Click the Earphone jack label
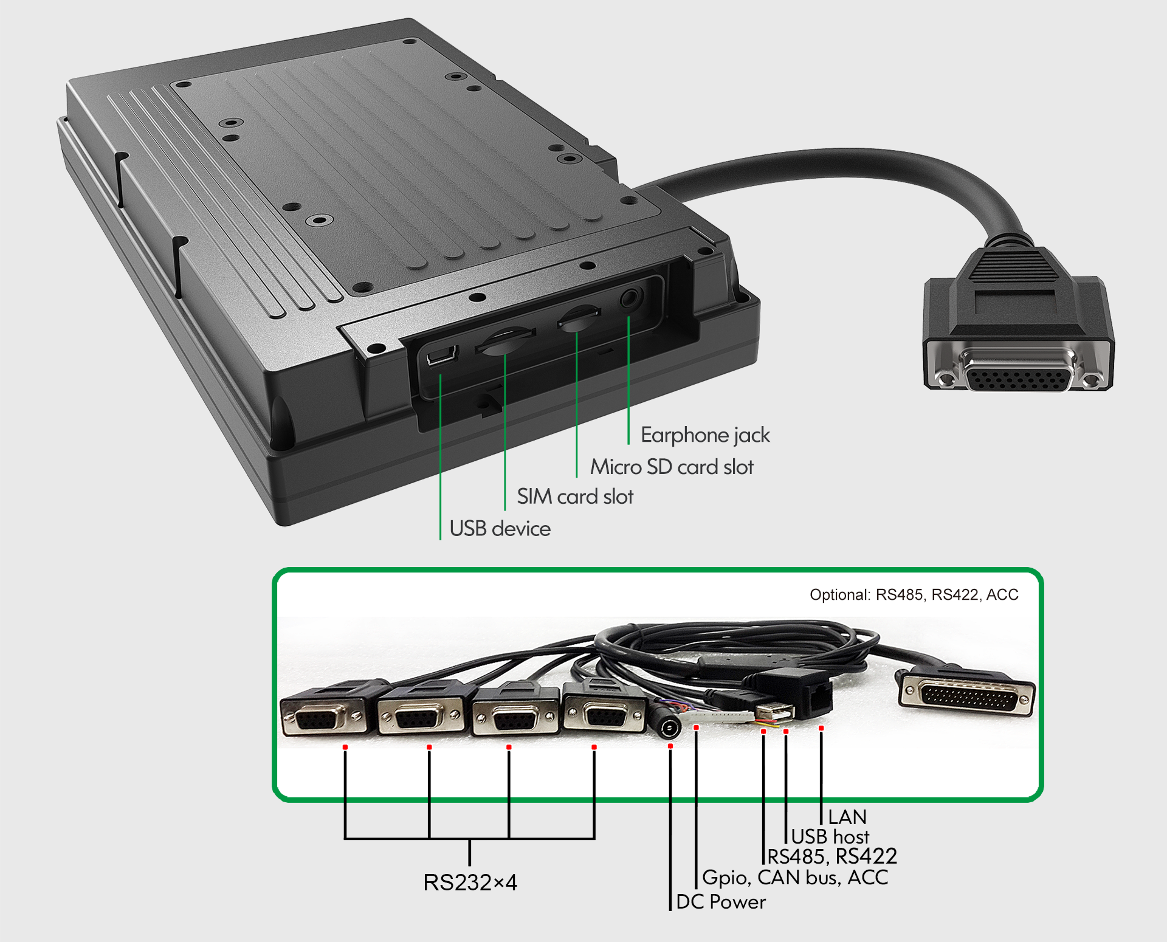tap(705, 435)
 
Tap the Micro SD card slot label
tap(672, 467)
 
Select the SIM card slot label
tap(575, 497)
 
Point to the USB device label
tap(500, 529)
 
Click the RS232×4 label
tap(470, 882)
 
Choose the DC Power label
tap(721, 902)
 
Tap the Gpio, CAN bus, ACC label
tap(795, 878)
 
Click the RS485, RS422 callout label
tap(832, 856)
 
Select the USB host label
tap(830, 837)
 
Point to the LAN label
tap(847, 817)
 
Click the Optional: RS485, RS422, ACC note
tap(914, 594)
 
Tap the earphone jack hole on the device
tap(630, 299)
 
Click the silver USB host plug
tap(775, 710)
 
